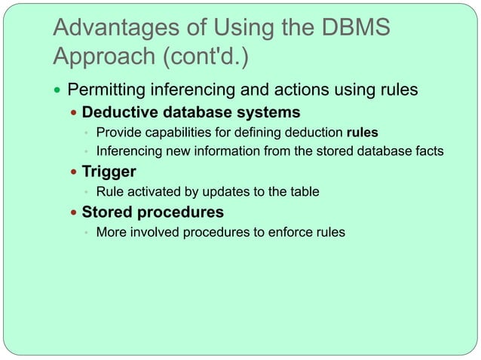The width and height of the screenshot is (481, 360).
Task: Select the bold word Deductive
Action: [117, 113]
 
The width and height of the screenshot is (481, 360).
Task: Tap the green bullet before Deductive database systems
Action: [73, 114]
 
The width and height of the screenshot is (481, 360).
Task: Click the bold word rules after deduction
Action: [362, 134]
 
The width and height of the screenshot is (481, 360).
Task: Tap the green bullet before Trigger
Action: [73, 172]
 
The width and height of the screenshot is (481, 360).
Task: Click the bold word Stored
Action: [106, 212]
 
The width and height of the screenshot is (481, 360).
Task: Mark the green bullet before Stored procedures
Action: [73, 212]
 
